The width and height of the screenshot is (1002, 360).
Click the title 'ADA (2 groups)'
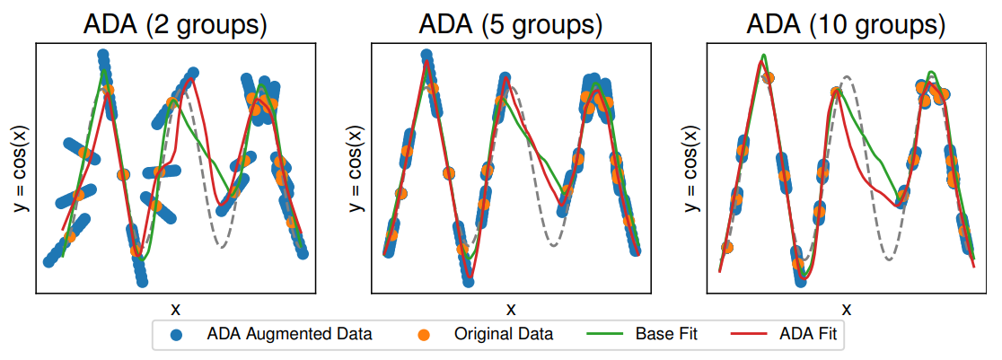[x=175, y=24]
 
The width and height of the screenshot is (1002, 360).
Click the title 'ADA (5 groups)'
[x=510, y=24]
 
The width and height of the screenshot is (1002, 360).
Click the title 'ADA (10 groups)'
[x=846, y=24]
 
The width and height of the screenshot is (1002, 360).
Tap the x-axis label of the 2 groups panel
[x=175, y=309]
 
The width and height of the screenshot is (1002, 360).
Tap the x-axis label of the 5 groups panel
[x=510, y=309]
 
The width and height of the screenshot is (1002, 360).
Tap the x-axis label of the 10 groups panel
[x=846, y=309]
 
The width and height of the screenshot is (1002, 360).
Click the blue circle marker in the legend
[x=177, y=336]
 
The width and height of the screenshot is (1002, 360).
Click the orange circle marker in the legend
[x=425, y=336]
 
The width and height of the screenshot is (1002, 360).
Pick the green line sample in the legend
[x=606, y=335]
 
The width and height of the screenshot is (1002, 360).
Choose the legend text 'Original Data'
[x=503, y=335]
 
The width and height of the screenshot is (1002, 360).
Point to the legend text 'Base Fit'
[x=666, y=335]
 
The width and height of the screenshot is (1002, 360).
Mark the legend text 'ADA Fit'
[x=805, y=335]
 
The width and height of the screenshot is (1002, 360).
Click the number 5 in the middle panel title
[x=500, y=24]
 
